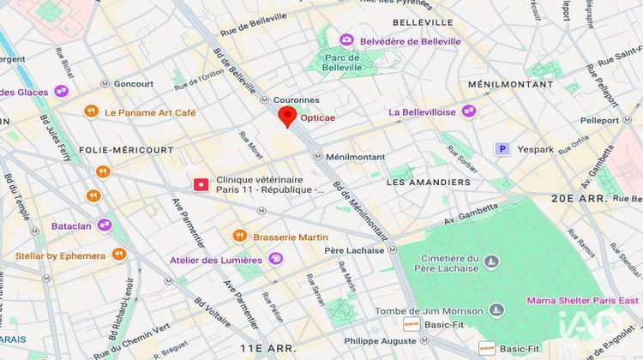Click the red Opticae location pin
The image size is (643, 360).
click(x=287, y=116)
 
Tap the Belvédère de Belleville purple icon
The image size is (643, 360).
click(x=346, y=40)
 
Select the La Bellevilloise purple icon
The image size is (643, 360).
click(x=469, y=111)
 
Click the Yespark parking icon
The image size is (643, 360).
click(x=503, y=149)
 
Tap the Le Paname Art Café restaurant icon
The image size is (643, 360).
click(x=91, y=111)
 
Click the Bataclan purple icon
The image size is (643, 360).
click(x=104, y=225)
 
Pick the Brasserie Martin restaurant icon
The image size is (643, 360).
click(x=240, y=236)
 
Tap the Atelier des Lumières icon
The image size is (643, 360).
click(x=275, y=259)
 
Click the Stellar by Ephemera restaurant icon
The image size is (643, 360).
click(x=119, y=255)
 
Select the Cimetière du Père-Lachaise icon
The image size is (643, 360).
click(x=490, y=261)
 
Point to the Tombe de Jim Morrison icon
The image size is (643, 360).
click(x=497, y=309)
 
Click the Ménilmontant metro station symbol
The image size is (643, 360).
click(x=317, y=157)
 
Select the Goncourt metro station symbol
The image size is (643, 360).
click(x=105, y=84)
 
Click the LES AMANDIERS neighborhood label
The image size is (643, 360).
click(x=429, y=183)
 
